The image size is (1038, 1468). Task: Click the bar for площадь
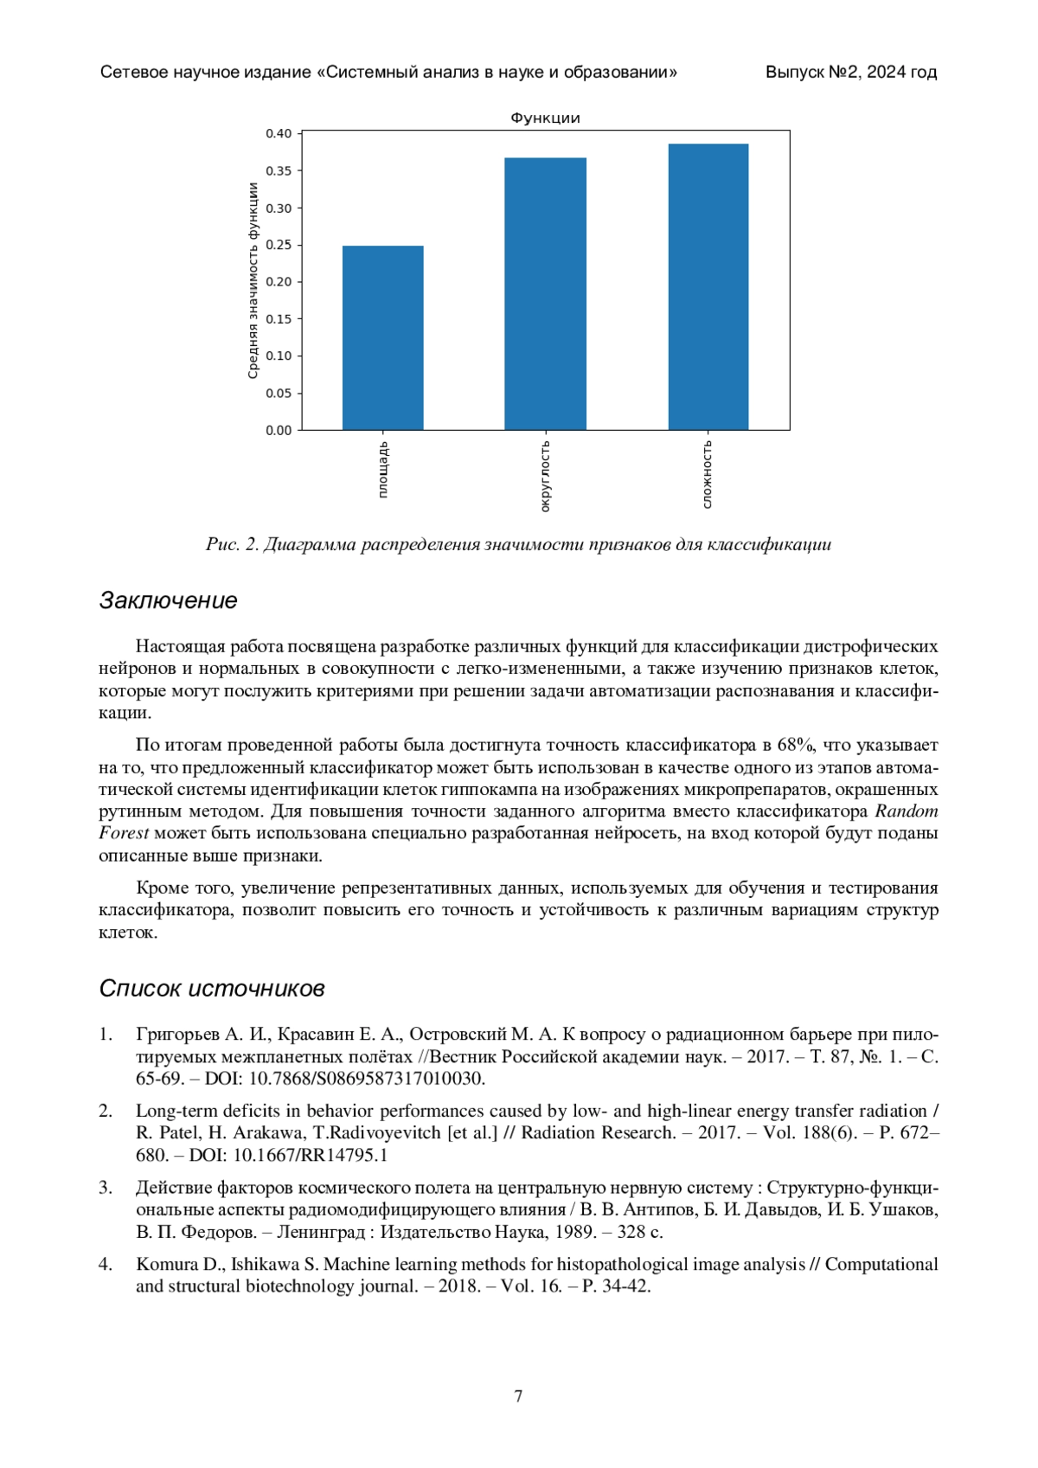coord(382,337)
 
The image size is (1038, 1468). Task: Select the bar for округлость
coord(545,294)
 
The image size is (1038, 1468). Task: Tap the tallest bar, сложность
coord(708,286)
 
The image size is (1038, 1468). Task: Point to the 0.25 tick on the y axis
coord(279,245)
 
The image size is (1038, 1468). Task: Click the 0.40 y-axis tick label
coord(279,133)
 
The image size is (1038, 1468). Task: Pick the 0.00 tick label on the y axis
coord(279,430)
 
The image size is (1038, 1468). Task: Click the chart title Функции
coord(545,118)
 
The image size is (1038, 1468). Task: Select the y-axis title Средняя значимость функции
coord(253,280)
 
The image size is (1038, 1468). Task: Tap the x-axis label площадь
coord(383,470)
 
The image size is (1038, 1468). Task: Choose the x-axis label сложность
coord(708,474)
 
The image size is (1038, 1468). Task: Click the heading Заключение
coord(168,600)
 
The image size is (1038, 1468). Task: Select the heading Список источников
coord(212,988)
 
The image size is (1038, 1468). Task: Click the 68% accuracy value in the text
coord(795,745)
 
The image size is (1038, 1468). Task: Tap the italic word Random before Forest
coord(907,811)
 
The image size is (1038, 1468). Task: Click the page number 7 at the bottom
coord(518,1396)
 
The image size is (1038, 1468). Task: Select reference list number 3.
coord(105,1188)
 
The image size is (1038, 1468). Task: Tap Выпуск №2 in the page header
coord(812,73)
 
